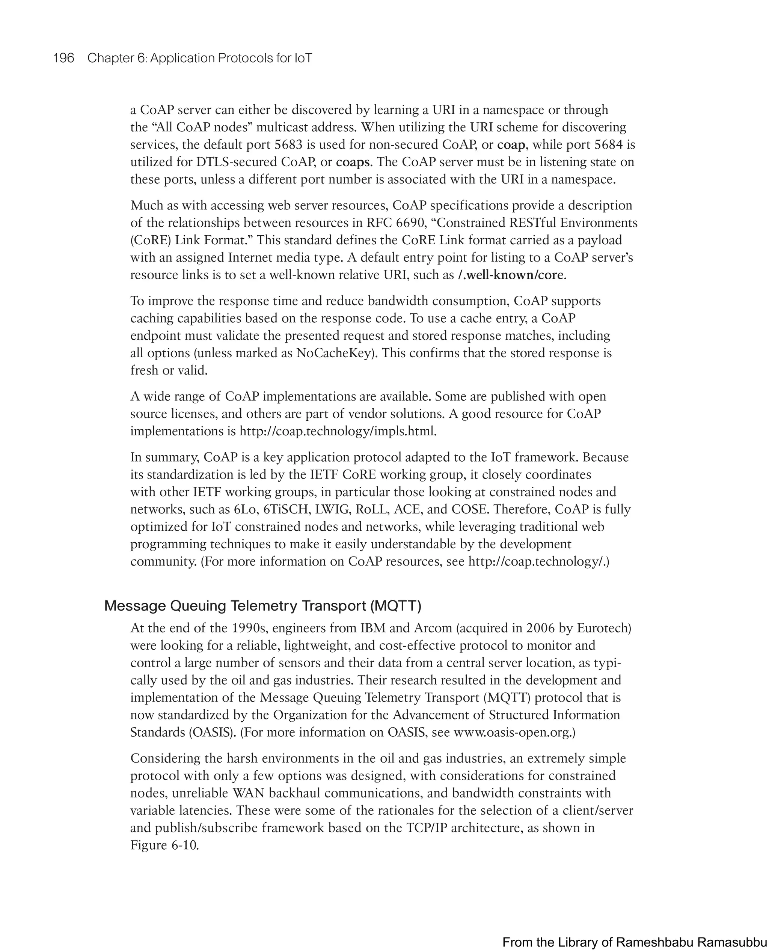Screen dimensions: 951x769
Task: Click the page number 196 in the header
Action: (x=63, y=58)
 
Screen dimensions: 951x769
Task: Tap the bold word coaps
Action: (x=353, y=162)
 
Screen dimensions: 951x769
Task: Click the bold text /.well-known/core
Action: (x=511, y=275)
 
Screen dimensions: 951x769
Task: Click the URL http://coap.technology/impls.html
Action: (x=338, y=431)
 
